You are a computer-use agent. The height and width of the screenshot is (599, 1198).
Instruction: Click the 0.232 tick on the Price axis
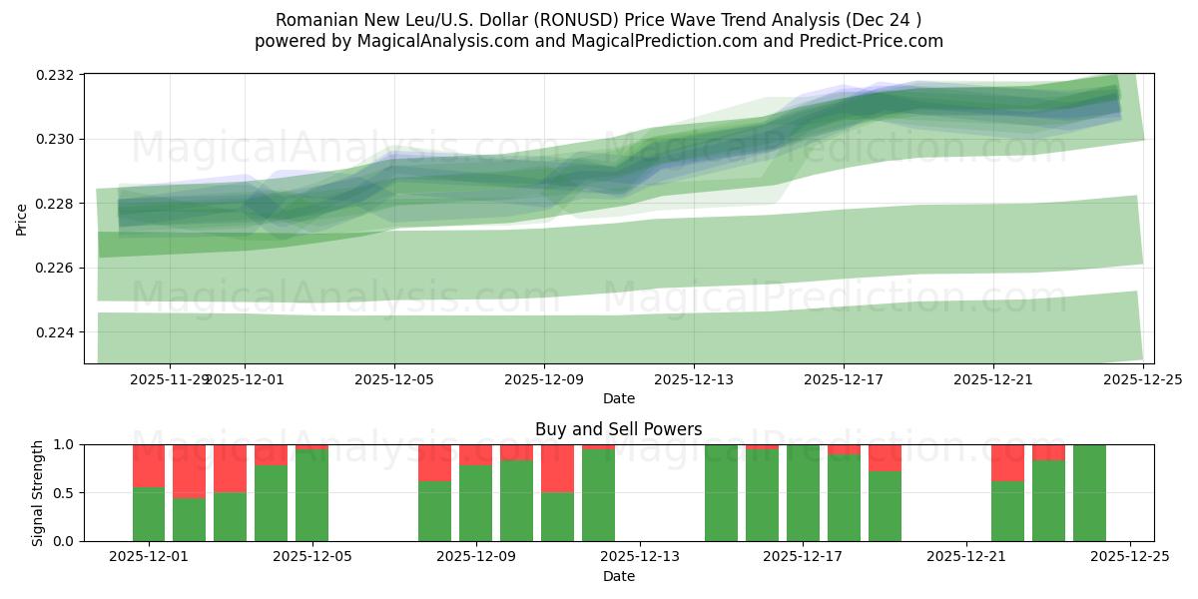(58, 75)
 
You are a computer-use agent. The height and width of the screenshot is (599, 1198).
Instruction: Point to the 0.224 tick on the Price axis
(58, 332)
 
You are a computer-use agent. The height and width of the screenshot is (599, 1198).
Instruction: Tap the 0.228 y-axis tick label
(58, 204)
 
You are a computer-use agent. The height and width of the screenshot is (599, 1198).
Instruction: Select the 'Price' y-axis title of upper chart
(22, 218)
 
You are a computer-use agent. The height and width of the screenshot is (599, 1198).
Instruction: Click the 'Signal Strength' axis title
(38, 492)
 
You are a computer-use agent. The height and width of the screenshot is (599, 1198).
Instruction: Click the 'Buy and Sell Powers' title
(618, 429)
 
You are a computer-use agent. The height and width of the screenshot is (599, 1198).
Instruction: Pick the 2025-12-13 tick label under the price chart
(693, 379)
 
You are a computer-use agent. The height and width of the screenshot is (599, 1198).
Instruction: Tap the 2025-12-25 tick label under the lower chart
(1129, 557)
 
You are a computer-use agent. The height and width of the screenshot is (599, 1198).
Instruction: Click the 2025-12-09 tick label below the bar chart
(476, 557)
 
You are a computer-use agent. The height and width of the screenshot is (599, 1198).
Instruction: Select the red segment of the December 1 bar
(149, 465)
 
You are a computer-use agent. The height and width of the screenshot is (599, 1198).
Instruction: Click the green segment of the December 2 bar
(190, 519)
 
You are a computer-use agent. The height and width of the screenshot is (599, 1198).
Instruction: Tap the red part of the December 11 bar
(557, 468)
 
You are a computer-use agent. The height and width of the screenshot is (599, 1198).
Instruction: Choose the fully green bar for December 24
(1089, 493)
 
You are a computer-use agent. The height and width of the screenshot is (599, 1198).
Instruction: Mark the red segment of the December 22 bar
(1007, 462)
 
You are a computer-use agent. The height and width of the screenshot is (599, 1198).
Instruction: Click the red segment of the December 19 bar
(885, 457)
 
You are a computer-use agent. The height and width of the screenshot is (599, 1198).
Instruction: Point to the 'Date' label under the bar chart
(618, 576)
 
